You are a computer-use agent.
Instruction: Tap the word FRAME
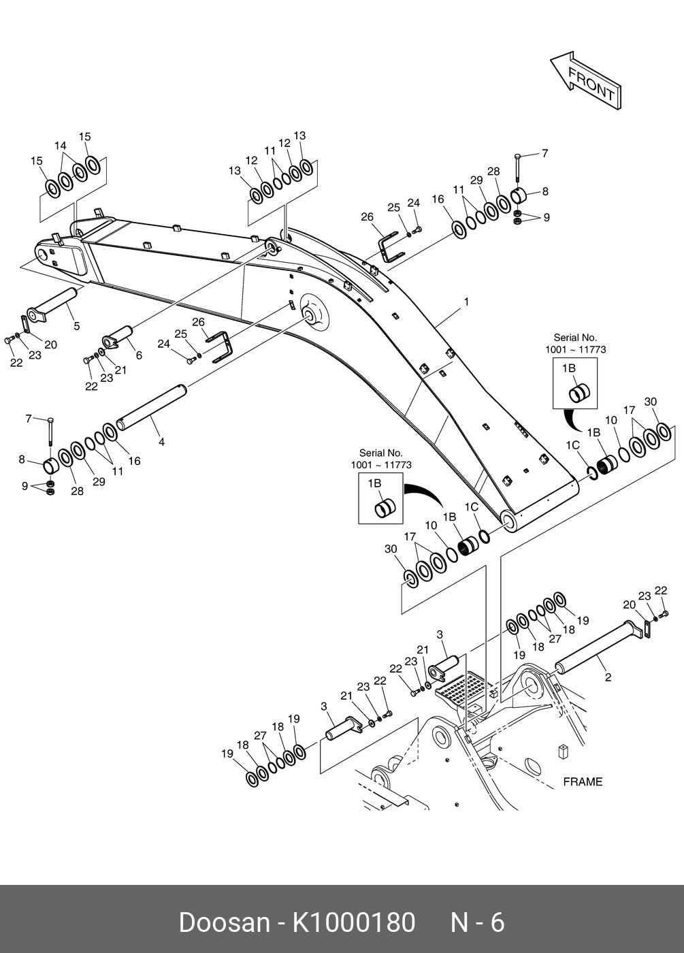coord(583,781)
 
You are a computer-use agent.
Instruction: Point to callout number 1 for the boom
coord(466,302)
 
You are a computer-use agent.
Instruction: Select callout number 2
coord(608,677)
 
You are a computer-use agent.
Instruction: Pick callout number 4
coord(161,442)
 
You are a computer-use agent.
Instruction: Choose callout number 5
coord(76,326)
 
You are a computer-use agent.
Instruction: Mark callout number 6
coord(139,355)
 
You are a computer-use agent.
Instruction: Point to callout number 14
coord(61,146)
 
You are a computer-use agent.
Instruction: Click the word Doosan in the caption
coord(224,922)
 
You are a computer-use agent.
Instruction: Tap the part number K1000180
coord(354,922)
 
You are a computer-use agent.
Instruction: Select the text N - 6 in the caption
coord(478,922)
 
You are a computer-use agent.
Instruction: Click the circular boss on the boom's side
coord(313,312)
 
